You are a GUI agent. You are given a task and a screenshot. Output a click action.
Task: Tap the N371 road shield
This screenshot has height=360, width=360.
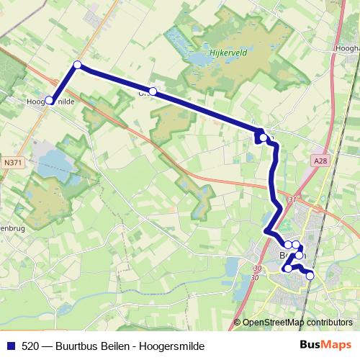click(14, 163)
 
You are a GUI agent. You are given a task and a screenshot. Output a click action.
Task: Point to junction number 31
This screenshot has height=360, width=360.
click(292, 199)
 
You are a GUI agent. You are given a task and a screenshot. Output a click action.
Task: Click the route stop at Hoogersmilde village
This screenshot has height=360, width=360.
click(49, 101)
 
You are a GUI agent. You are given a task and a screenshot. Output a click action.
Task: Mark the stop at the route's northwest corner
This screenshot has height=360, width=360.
click(77, 66)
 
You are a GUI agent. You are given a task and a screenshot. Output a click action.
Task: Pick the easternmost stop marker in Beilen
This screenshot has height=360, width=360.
click(310, 275)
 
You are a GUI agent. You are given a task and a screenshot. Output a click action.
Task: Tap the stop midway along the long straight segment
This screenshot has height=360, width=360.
click(153, 91)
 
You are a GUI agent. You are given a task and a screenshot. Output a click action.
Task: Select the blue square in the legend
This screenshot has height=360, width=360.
click(10, 346)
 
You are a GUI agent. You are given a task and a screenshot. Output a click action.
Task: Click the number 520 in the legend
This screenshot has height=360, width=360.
click(30, 346)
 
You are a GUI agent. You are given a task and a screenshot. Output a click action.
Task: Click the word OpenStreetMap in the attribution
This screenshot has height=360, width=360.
click(274, 323)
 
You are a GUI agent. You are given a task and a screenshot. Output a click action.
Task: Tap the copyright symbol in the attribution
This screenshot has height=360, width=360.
click(237, 323)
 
